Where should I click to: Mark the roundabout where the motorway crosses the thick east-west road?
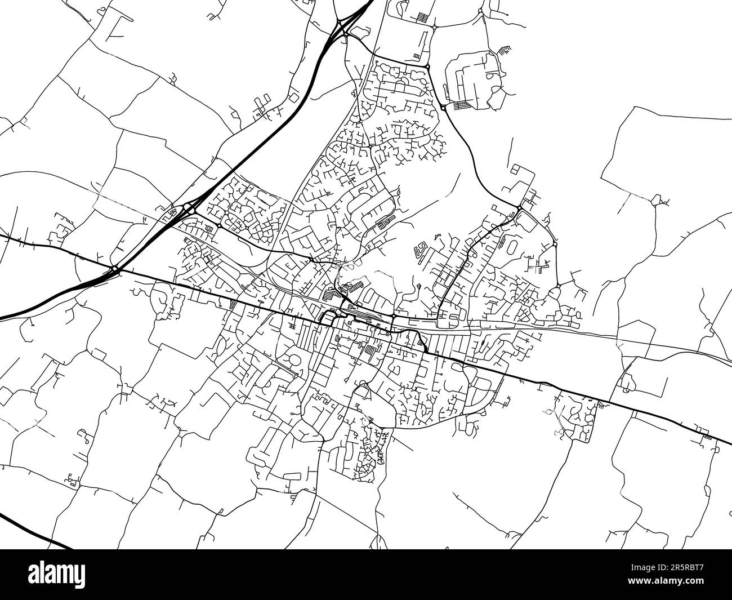click(x=115, y=270)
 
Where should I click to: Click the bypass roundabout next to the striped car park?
click(x=443, y=107)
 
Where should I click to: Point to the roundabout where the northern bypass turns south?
click(x=427, y=67)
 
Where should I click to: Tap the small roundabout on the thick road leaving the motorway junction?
click(x=218, y=226)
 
